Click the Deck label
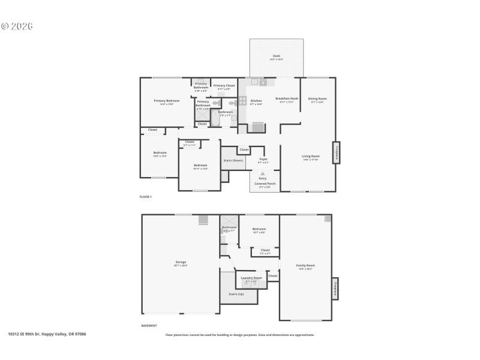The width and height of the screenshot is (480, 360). (276, 56)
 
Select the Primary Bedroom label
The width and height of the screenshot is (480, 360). (166, 101)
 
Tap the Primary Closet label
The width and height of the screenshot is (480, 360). (224, 86)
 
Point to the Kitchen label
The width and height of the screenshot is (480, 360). (256, 101)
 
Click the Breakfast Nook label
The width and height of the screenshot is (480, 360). (287, 98)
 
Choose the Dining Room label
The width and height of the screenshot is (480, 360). (317, 98)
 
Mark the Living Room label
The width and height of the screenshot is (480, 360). (310, 157)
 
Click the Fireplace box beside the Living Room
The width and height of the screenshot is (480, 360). (337, 152)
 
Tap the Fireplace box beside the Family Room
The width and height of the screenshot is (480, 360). (335, 288)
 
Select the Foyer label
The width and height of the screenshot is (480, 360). (263, 159)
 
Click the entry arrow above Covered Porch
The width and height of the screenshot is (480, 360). (262, 173)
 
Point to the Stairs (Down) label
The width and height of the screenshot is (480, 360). (233, 161)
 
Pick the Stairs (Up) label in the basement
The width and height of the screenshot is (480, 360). (236, 294)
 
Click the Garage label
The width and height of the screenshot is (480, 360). (181, 262)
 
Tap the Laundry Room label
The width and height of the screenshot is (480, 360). (251, 278)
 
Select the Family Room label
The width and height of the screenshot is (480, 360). (305, 265)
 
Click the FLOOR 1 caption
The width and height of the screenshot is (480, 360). (146, 197)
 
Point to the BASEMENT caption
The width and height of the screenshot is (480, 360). (149, 326)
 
